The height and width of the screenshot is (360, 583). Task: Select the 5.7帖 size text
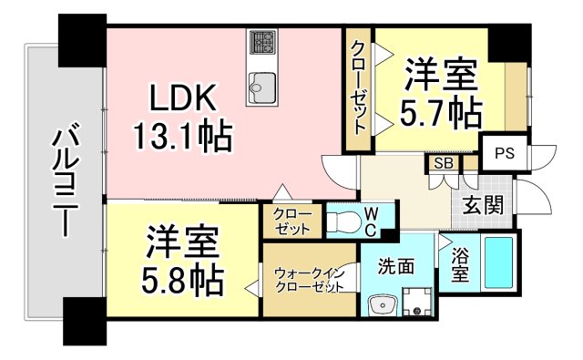click(x=440, y=112)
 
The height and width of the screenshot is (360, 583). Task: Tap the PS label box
click(x=504, y=153)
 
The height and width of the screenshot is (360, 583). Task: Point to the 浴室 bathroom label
click(x=462, y=263)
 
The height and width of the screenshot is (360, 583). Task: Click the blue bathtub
click(x=499, y=262)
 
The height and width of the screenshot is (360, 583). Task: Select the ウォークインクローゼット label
click(x=306, y=277)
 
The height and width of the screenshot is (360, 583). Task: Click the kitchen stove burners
click(x=264, y=42)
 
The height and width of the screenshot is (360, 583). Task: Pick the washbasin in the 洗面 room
click(x=380, y=305)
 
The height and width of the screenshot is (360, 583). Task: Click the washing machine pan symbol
click(x=418, y=302)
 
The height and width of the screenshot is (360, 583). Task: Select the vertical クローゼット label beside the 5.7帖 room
click(x=359, y=88)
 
